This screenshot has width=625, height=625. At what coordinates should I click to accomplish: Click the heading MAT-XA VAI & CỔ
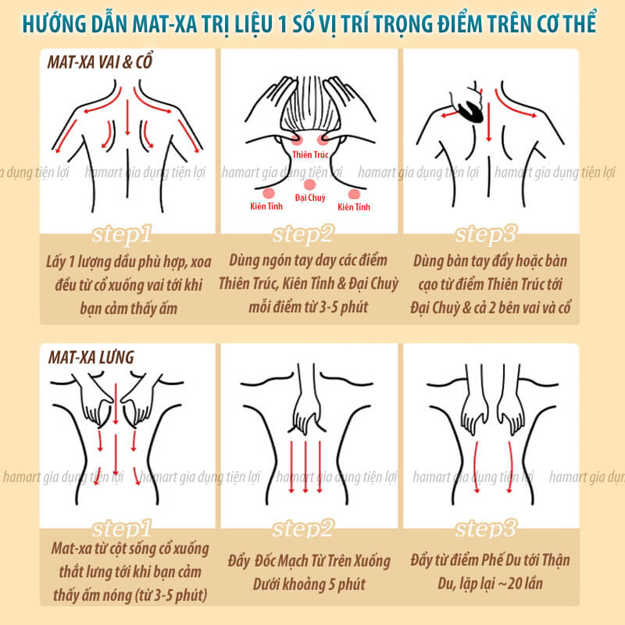point(100,62)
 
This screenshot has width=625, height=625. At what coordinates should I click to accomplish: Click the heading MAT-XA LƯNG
point(91,357)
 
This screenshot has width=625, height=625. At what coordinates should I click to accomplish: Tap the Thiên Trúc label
point(310,155)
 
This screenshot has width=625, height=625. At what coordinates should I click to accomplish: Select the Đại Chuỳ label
point(310,198)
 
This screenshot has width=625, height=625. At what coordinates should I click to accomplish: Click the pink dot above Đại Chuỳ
point(309,184)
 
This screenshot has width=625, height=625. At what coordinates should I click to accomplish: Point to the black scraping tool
point(470,110)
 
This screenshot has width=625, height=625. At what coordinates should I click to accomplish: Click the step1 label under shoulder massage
point(122,234)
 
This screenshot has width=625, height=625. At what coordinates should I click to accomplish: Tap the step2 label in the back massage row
point(302,529)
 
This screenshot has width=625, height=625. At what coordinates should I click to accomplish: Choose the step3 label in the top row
point(486,234)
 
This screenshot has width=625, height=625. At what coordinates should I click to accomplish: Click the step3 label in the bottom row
point(486,529)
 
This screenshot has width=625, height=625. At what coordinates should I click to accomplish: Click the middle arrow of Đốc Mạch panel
point(305,466)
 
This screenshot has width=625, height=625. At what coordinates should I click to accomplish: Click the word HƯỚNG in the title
point(54,23)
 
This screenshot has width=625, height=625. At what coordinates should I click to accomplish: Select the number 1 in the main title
point(283,24)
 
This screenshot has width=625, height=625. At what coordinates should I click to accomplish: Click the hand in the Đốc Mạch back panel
point(307,415)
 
